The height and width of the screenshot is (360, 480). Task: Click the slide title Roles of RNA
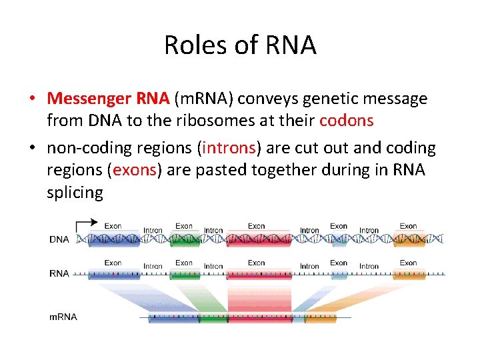[x=240, y=45]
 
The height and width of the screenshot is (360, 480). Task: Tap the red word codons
[x=346, y=121]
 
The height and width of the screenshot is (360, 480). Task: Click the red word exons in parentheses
[x=134, y=170]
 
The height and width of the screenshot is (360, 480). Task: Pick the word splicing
[x=75, y=193]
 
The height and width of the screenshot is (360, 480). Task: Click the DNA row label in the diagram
[x=59, y=239]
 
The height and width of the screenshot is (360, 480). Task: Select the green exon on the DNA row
[x=184, y=239]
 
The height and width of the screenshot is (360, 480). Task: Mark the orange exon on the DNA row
[x=408, y=239]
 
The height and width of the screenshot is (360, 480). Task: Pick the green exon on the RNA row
[x=184, y=273]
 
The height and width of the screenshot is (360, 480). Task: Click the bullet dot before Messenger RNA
[x=32, y=99]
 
